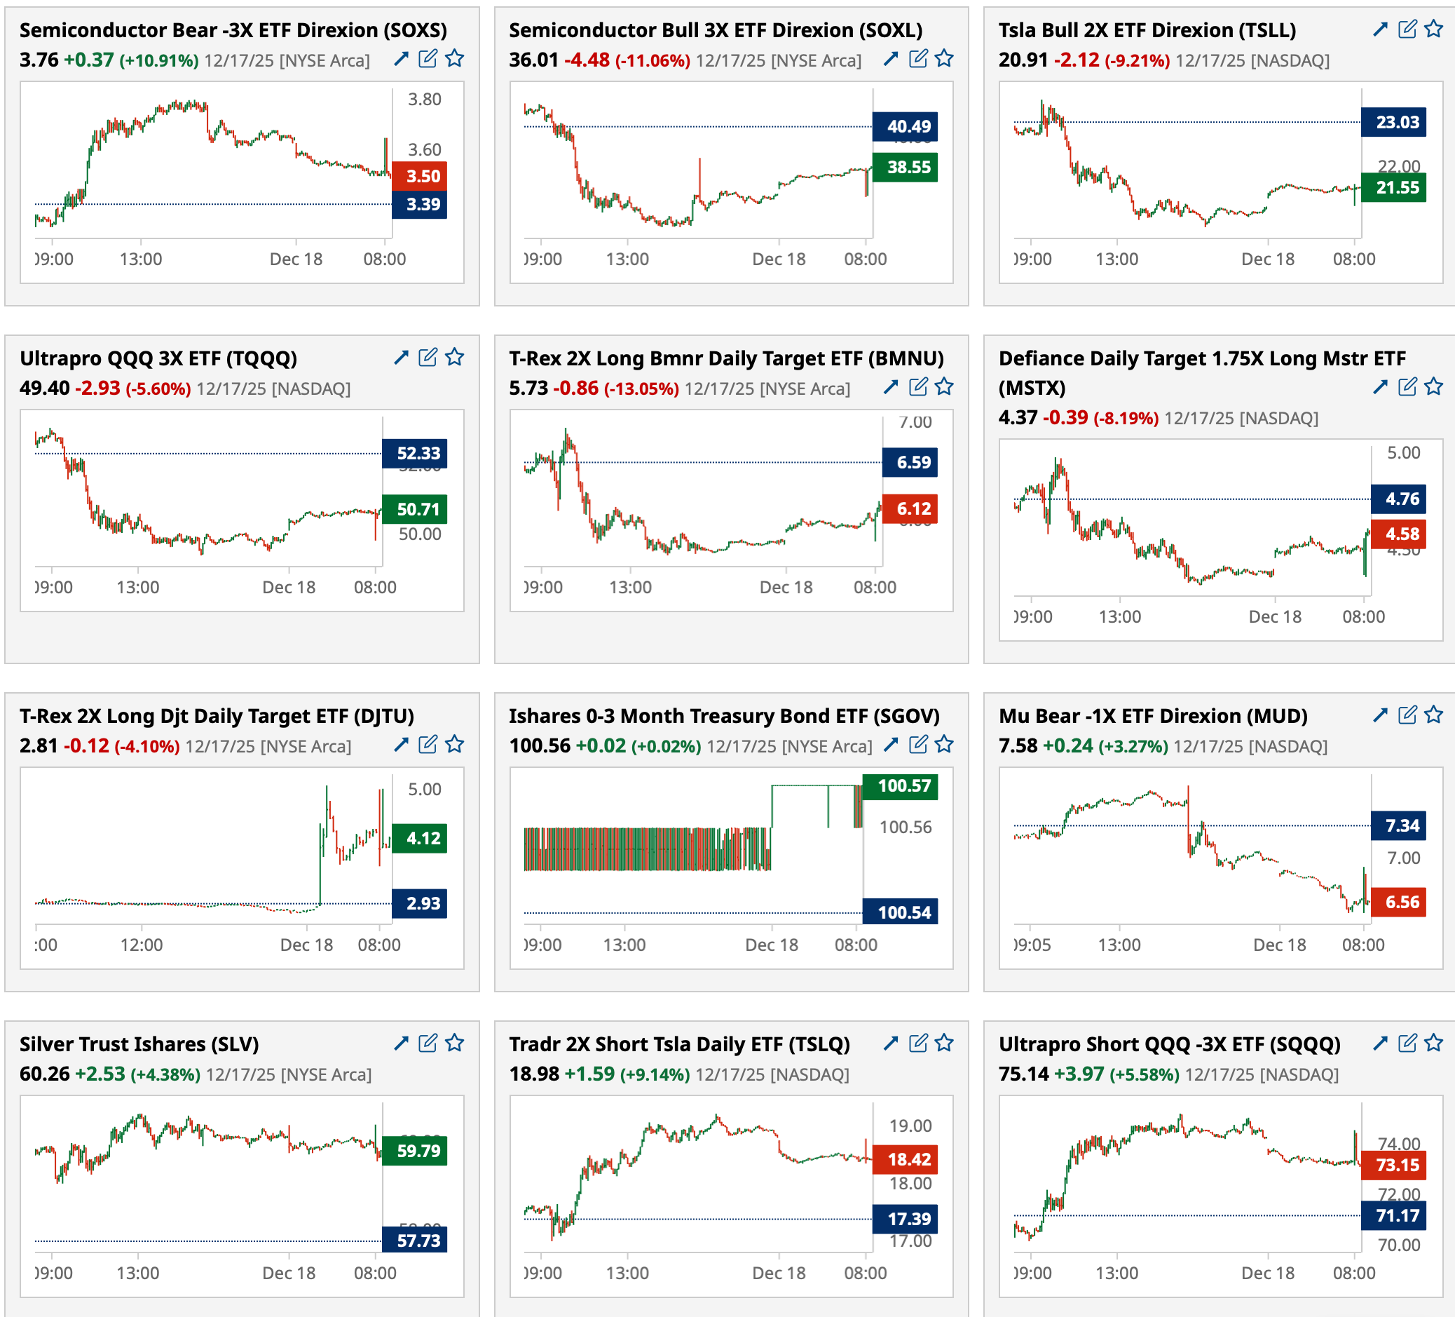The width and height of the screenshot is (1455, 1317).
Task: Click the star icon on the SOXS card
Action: click(x=454, y=58)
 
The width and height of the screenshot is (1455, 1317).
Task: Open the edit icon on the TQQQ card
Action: click(x=428, y=358)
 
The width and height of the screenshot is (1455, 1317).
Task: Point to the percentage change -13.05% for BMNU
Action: click(x=641, y=389)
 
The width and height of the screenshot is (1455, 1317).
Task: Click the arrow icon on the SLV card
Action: click(x=402, y=1043)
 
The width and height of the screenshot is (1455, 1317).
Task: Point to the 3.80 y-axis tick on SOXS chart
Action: click(x=425, y=100)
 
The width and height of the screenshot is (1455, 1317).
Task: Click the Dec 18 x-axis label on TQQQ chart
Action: click(x=289, y=587)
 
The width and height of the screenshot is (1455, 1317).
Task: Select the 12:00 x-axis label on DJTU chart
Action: click(x=142, y=945)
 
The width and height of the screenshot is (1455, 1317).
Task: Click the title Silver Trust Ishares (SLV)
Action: click(x=139, y=1044)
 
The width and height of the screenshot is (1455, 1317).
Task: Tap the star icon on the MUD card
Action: click(x=1433, y=715)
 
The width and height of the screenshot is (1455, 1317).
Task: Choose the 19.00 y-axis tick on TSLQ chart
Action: click(x=910, y=1126)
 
